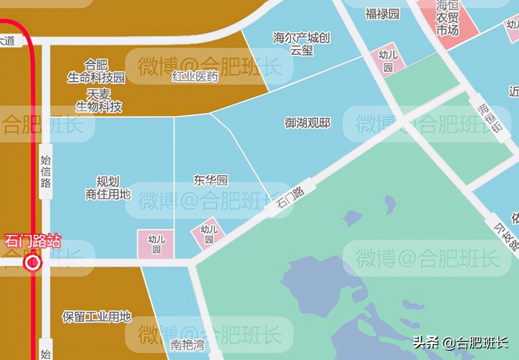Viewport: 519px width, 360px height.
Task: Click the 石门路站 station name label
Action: (33, 242)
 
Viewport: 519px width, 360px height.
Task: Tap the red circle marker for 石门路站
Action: (33, 263)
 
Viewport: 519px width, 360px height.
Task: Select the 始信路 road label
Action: (46, 172)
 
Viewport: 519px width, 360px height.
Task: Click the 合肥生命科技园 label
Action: (96, 71)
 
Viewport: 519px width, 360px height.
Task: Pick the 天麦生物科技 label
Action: (99, 100)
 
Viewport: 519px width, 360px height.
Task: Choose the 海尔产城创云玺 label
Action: (302, 44)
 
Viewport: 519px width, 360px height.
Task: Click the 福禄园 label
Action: (382, 14)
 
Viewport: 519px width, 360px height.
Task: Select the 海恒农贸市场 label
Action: (447, 19)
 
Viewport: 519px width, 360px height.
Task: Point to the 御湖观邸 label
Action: (308, 123)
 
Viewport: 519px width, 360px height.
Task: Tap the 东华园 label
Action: (210, 180)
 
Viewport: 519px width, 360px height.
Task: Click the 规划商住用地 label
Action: (108, 187)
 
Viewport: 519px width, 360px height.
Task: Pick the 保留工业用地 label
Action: (96, 316)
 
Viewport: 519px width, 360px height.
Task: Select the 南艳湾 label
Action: (187, 345)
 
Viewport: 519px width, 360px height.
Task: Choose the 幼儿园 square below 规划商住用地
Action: (156, 244)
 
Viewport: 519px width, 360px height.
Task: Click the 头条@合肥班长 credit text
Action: (460, 342)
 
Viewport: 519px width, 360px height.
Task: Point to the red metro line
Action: (33, 141)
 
